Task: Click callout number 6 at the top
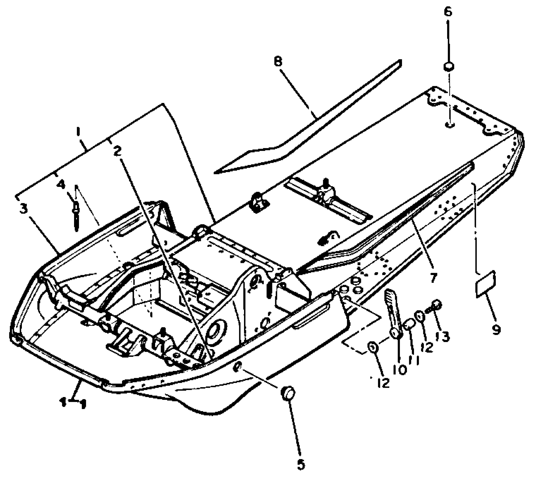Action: [x=448, y=12]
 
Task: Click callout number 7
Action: [x=433, y=278]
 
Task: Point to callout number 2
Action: [x=117, y=152]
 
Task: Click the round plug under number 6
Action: [x=449, y=67]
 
